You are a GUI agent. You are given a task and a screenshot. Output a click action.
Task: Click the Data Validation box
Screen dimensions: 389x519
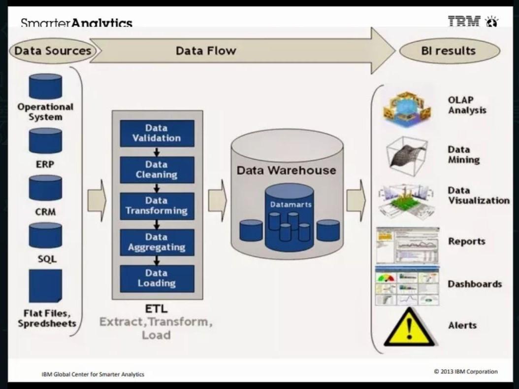(157, 133)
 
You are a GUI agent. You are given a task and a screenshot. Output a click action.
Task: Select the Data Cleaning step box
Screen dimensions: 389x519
(157, 170)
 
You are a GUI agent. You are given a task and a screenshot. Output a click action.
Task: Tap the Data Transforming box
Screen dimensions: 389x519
(157, 206)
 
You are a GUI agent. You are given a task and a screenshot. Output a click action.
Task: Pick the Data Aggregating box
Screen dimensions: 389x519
(157, 242)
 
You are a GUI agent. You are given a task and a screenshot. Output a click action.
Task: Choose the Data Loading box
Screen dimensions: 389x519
(157, 278)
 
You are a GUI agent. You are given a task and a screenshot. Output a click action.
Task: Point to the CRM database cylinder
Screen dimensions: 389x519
(45, 188)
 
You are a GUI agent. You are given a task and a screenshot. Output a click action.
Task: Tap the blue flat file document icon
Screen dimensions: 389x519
(45, 286)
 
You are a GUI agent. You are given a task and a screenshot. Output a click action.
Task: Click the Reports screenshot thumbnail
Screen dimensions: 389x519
(407, 245)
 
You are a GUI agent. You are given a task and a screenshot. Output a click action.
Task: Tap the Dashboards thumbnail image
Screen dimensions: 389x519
(407, 286)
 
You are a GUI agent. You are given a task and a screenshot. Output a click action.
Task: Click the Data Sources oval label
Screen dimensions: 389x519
(53, 51)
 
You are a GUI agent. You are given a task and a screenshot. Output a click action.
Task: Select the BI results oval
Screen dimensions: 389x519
(449, 51)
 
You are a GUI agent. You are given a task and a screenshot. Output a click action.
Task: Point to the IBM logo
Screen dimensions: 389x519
(464, 22)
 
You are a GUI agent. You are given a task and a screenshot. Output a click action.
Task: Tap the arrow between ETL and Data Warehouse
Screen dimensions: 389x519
(217, 201)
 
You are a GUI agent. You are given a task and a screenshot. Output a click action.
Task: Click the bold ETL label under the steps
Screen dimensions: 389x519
(156, 309)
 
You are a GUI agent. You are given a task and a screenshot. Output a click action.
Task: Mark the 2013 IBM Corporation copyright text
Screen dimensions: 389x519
(465, 372)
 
